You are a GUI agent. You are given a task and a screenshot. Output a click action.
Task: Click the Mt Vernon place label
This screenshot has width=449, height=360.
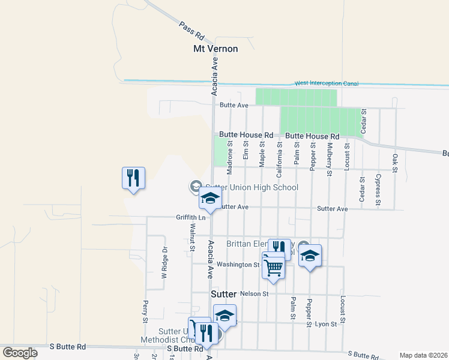click(x=215, y=49)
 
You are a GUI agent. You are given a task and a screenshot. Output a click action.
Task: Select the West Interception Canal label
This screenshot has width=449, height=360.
click(x=326, y=83)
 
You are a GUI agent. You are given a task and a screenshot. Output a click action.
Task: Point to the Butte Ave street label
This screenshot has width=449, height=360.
click(x=234, y=105)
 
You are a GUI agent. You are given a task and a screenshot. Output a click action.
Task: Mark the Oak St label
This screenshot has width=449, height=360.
click(x=395, y=163)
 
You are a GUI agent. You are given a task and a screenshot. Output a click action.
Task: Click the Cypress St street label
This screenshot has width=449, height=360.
click(x=378, y=190)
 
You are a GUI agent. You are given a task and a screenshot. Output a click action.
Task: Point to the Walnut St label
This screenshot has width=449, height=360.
click(x=193, y=236)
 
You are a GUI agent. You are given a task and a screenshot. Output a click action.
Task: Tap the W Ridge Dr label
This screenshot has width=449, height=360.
click(x=163, y=263)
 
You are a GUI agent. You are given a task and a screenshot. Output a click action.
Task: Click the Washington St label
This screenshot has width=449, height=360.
click(x=238, y=264)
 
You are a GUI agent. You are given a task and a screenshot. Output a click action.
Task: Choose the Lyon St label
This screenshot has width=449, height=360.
click(x=326, y=323)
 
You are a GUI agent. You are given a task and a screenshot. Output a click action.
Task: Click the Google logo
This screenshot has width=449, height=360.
click(x=20, y=352)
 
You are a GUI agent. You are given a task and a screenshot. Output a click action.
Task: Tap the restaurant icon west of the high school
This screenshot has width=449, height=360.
click(x=134, y=178)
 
